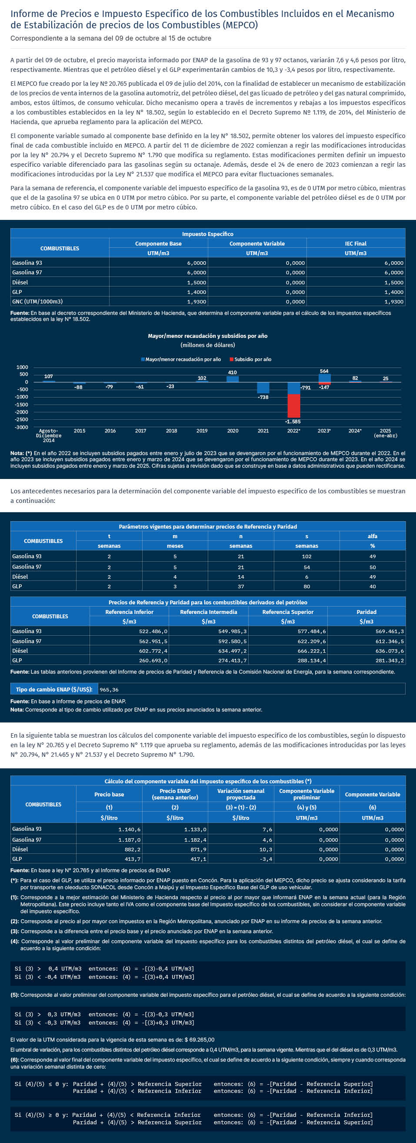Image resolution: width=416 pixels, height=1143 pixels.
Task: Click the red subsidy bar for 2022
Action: pyautogui.click(x=294, y=405)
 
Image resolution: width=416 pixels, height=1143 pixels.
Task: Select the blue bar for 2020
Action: pyautogui.click(x=233, y=379)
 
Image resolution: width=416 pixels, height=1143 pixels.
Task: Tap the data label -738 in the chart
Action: pyautogui.click(x=263, y=397)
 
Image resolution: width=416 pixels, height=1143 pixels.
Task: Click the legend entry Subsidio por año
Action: pyautogui.click(x=251, y=359)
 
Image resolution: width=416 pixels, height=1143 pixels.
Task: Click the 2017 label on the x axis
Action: pyautogui.click(x=140, y=431)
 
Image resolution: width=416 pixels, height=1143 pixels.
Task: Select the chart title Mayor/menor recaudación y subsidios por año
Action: pyautogui.click(x=208, y=336)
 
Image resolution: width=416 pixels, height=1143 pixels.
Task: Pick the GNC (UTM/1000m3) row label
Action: pyautogui.click(x=38, y=302)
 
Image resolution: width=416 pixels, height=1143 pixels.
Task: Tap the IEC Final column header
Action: pyautogui.click(x=356, y=243)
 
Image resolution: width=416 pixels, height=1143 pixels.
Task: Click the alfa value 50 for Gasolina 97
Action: pyautogui.click(x=373, y=567)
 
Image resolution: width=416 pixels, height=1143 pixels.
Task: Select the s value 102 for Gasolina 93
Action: pyautogui.click(x=306, y=556)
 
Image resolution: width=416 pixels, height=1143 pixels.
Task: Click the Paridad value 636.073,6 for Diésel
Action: pyautogui.click(x=389, y=651)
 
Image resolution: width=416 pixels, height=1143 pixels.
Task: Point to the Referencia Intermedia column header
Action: pyautogui.click(x=208, y=612)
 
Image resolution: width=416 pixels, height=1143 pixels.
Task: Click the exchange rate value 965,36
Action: pyautogui.click(x=109, y=690)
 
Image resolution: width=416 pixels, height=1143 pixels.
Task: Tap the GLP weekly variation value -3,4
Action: pyautogui.click(x=266, y=859)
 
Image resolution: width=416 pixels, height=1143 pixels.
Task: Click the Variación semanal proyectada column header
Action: pyautogui.click(x=241, y=794)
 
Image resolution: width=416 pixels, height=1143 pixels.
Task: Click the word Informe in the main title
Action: pyautogui.click(x=28, y=14)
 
